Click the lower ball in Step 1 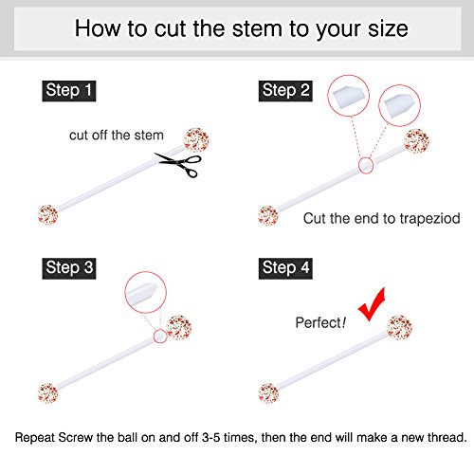coord(46,214)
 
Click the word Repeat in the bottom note coord(37,439)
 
